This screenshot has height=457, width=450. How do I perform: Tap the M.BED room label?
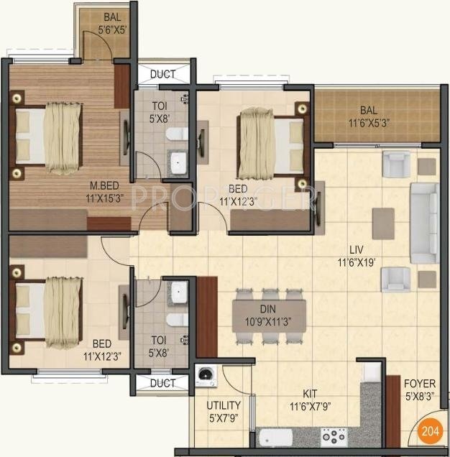pyautogui.click(x=60, y=189)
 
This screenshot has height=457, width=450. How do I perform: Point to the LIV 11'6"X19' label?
pyautogui.click(x=367, y=254)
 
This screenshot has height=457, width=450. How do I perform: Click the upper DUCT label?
pyautogui.click(x=162, y=74)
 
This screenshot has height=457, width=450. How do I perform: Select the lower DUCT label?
pyautogui.click(x=162, y=384)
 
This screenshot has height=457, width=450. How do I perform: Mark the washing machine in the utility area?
pyautogui.click(x=206, y=376)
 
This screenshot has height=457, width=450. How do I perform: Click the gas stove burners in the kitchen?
pyautogui.click(x=334, y=436)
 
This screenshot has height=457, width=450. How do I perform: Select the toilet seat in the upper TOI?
pyautogui.click(x=175, y=134)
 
